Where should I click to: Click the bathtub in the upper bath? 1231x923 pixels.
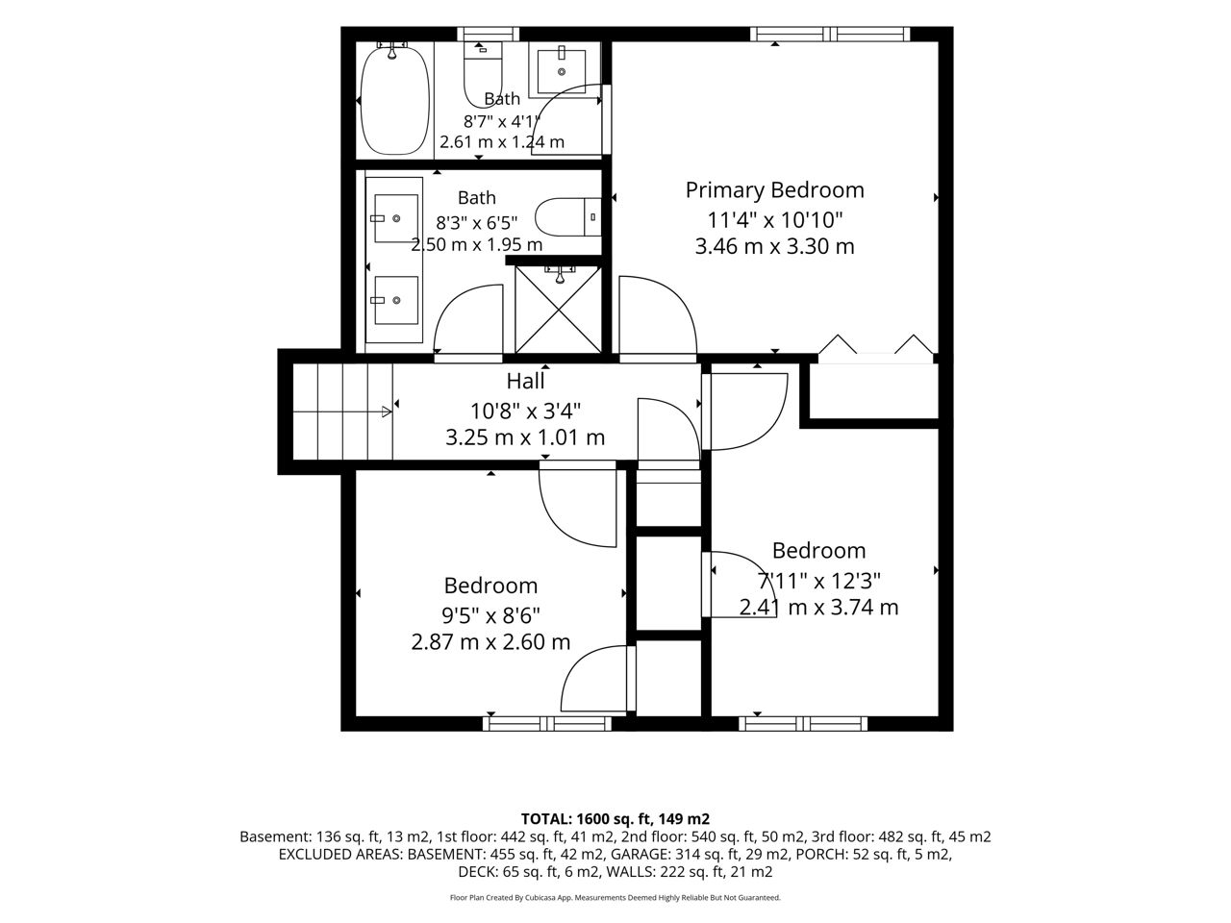tap(395, 101)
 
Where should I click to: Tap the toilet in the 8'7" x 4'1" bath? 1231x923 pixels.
tap(483, 75)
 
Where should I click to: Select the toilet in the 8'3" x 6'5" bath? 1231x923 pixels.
tap(567, 217)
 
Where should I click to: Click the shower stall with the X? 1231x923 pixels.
tap(558, 310)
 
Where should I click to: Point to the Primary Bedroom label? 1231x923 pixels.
tap(774, 190)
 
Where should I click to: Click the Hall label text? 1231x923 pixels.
tap(525, 381)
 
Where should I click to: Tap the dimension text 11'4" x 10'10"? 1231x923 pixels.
tap(774, 219)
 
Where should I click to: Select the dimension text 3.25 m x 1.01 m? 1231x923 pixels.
tap(525, 437)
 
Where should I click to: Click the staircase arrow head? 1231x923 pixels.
tap(387, 412)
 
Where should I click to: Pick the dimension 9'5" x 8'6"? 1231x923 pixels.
tap(490, 616)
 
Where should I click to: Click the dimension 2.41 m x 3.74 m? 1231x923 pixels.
tap(818, 608)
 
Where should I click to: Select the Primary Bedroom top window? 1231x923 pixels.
tap(830, 35)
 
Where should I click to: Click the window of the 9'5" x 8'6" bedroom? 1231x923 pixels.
tap(547, 723)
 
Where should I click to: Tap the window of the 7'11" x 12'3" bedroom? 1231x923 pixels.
tap(803, 723)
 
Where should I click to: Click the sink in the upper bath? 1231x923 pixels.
tap(562, 71)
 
